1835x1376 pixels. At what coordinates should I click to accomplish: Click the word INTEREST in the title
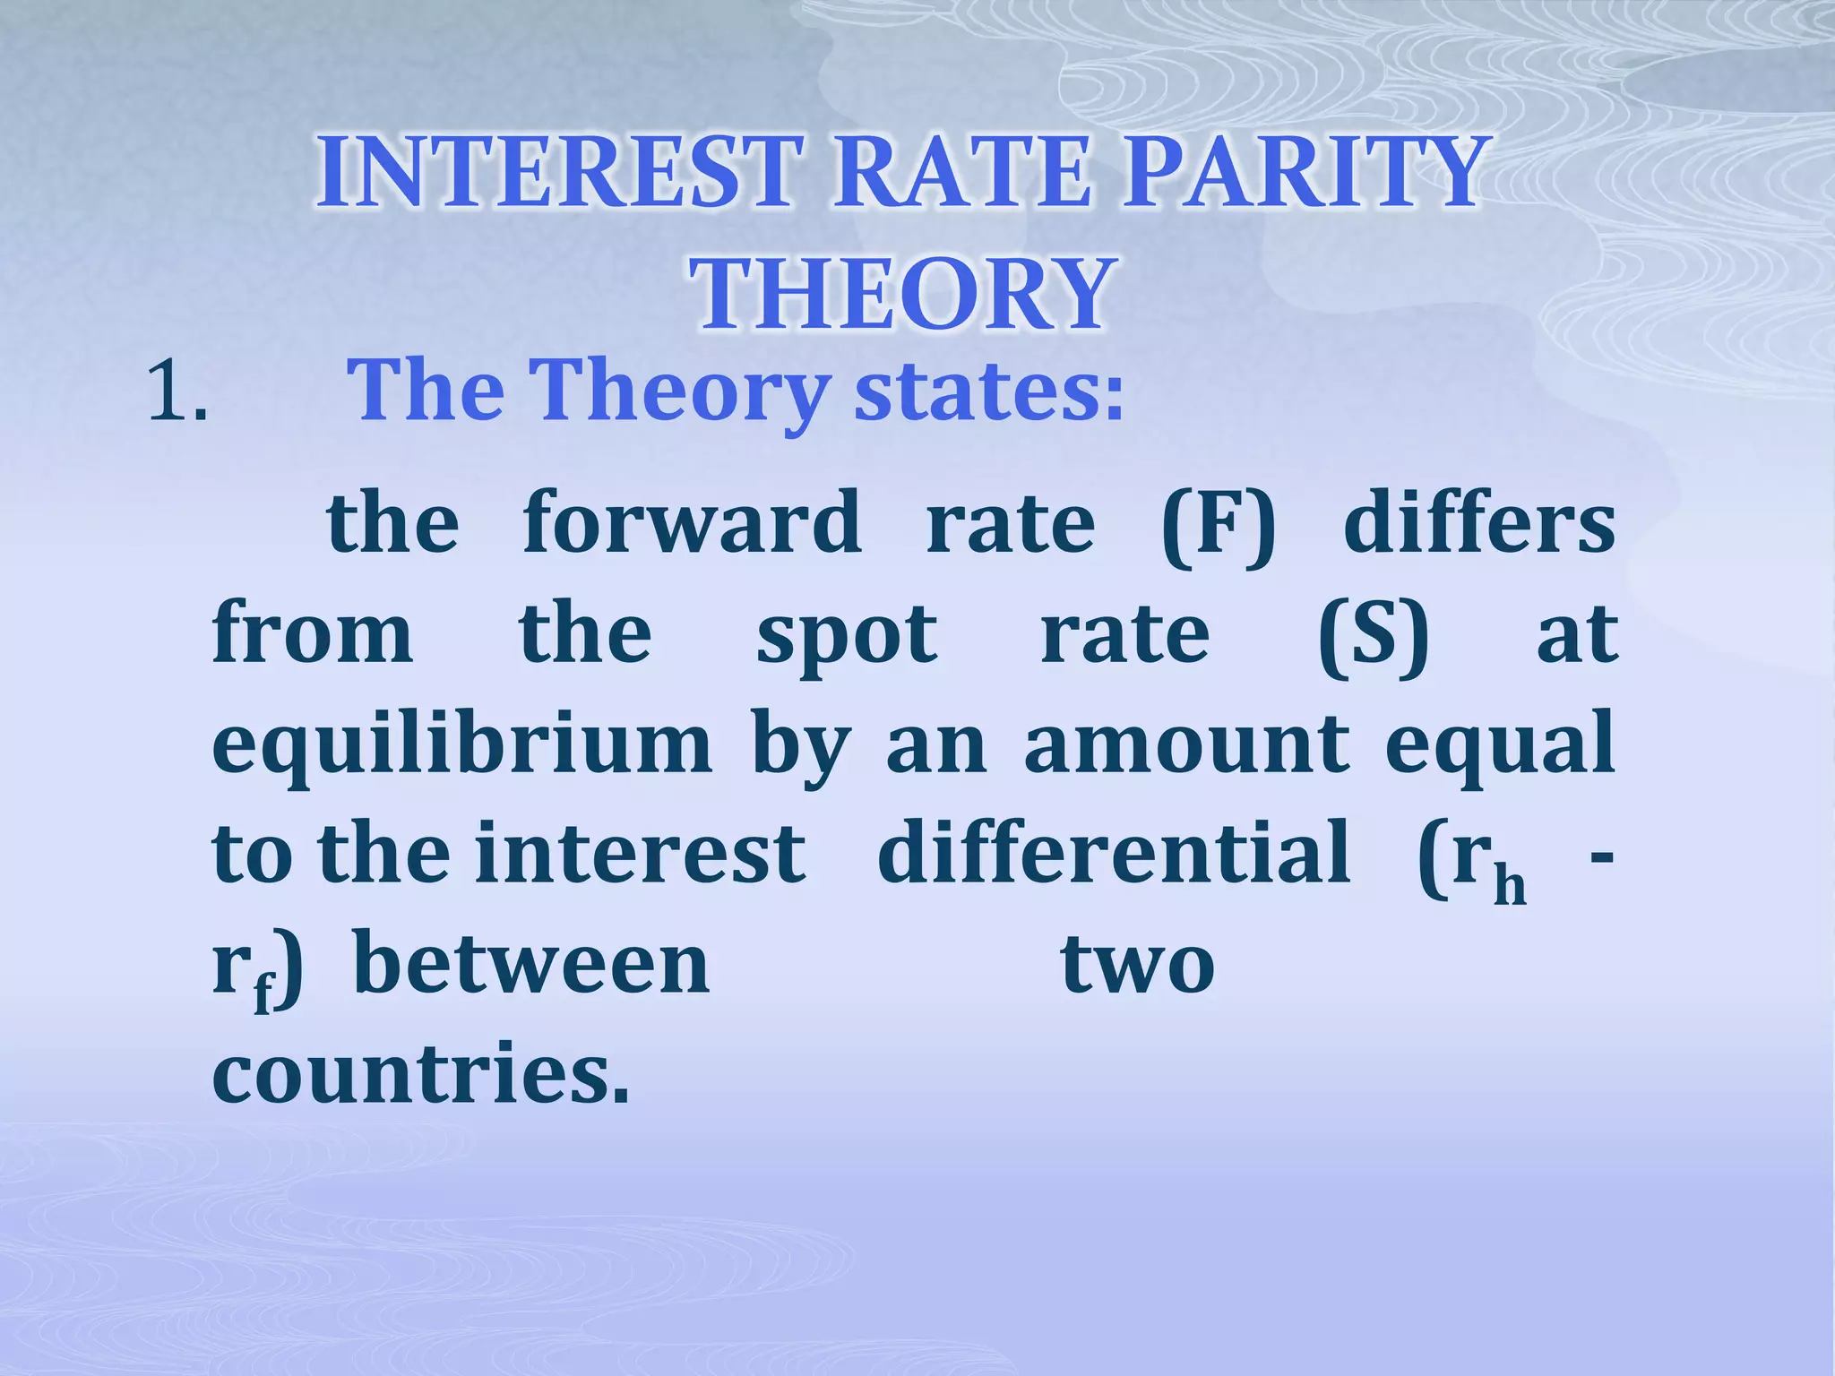(x=556, y=173)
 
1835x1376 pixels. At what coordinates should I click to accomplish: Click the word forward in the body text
(x=691, y=523)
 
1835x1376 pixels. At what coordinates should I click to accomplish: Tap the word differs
(x=1479, y=523)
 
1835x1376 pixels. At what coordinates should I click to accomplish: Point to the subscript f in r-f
(x=263, y=994)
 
